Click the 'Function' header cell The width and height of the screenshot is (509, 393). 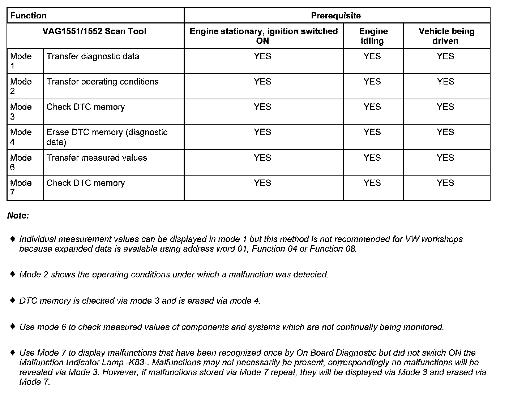pos(28,16)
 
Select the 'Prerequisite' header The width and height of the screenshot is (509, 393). pos(336,16)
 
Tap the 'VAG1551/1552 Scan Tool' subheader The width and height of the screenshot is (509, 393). pos(94,31)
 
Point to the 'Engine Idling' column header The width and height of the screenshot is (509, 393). pos(373,36)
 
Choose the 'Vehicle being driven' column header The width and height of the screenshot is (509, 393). pos(446,36)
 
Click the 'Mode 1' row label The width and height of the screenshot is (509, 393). pos(21,61)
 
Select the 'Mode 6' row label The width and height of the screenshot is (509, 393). pos(21,163)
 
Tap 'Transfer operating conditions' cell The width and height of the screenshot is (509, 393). pos(102,82)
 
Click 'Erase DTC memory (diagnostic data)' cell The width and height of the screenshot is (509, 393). pos(107,137)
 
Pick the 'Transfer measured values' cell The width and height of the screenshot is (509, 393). pos(97,158)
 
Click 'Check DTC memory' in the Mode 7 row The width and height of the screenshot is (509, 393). pos(85,183)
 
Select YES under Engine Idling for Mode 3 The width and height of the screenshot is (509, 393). pos(372,107)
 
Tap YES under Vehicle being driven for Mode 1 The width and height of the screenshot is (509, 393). pos(445,56)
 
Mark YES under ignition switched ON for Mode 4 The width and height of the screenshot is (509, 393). pos(262,132)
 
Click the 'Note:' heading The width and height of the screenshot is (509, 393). pos(18,216)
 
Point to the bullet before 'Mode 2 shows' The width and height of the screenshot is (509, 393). pos(13,274)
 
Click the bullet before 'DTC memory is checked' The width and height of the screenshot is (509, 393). pos(13,300)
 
